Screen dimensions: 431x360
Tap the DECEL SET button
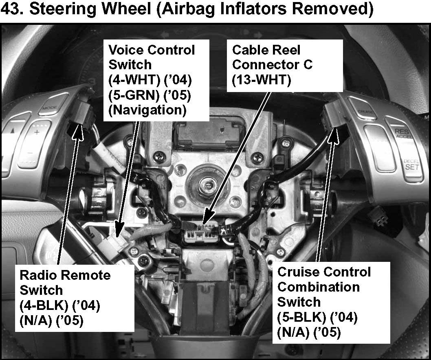[x=411, y=165]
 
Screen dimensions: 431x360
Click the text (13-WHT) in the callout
[x=262, y=80]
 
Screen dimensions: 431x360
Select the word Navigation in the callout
[x=147, y=110]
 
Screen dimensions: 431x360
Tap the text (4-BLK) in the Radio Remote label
[x=44, y=305]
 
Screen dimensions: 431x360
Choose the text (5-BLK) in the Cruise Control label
[x=301, y=317]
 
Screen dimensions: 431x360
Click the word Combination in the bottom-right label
[x=319, y=287]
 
